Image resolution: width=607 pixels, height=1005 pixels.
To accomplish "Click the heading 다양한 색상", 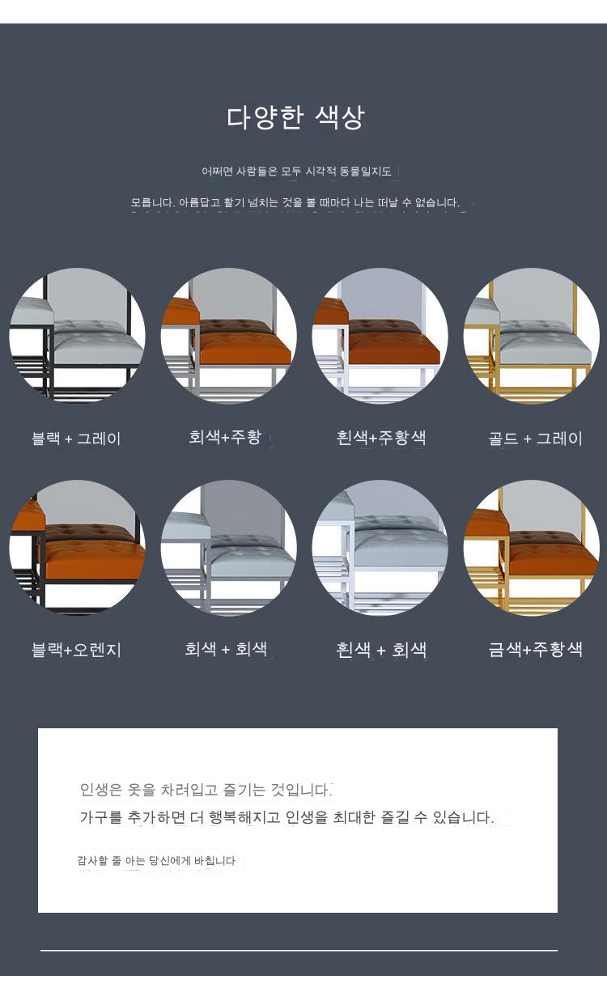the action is [x=295, y=118].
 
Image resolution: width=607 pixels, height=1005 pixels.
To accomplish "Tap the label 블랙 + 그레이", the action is [x=76, y=438].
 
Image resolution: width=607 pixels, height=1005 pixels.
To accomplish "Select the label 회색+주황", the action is [x=225, y=436].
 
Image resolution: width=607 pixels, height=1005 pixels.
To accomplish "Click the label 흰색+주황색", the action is [x=381, y=438].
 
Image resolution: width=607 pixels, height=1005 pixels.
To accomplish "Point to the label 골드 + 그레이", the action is [x=535, y=438].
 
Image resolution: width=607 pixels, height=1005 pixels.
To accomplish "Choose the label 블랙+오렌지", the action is [x=76, y=650].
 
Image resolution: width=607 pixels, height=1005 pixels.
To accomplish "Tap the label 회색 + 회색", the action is [x=226, y=649].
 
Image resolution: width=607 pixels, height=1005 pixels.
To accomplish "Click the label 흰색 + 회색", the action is [x=381, y=649].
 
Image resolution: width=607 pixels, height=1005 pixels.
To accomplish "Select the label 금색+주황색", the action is [x=535, y=649].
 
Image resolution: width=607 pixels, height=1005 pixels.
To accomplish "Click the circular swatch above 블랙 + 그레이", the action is [x=77, y=336].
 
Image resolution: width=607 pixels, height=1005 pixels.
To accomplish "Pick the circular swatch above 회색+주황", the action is [x=229, y=336].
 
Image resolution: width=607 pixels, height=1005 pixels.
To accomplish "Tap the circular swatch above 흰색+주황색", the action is [x=380, y=336].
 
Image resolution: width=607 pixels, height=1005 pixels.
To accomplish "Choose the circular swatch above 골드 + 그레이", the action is [x=532, y=336].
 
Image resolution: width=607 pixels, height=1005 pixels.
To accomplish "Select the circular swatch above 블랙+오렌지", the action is [x=77, y=547].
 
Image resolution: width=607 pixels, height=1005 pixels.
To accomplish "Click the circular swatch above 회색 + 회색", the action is [x=229, y=547].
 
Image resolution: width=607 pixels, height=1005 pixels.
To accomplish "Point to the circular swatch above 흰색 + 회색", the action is [x=380, y=547].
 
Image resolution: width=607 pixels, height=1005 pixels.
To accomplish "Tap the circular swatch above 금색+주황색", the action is [x=532, y=547].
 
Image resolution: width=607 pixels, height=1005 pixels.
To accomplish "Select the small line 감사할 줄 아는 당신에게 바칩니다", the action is [x=156, y=860].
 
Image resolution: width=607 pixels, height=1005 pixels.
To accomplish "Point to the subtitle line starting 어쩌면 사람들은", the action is [x=296, y=171].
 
